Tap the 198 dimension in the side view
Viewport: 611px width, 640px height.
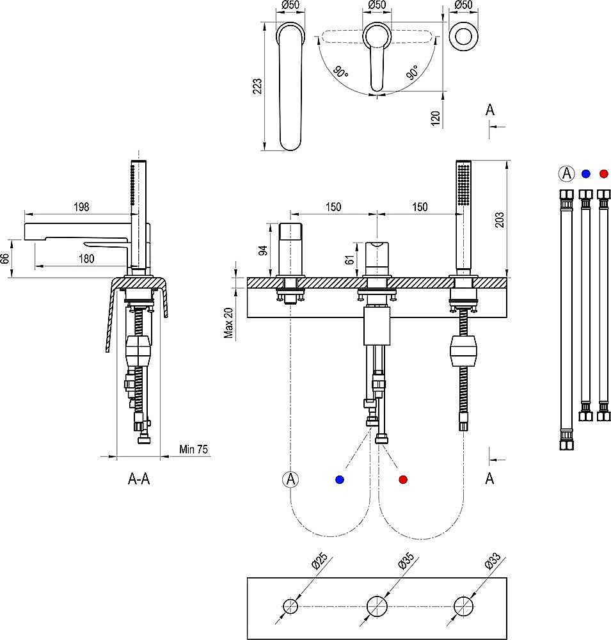click(81, 207)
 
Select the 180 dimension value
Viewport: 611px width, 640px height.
click(87, 259)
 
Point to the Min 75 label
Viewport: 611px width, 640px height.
click(194, 450)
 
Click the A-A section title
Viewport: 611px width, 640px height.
click(139, 479)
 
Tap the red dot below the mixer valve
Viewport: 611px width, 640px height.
click(402, 479)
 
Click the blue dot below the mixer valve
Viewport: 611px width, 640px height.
click(339, 479)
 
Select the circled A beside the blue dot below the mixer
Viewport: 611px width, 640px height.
click(290, 479)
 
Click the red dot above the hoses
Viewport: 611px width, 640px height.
click(603, 173)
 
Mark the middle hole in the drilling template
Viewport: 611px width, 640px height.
click(377, 605)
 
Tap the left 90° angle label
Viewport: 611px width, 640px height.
click(340, 74)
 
